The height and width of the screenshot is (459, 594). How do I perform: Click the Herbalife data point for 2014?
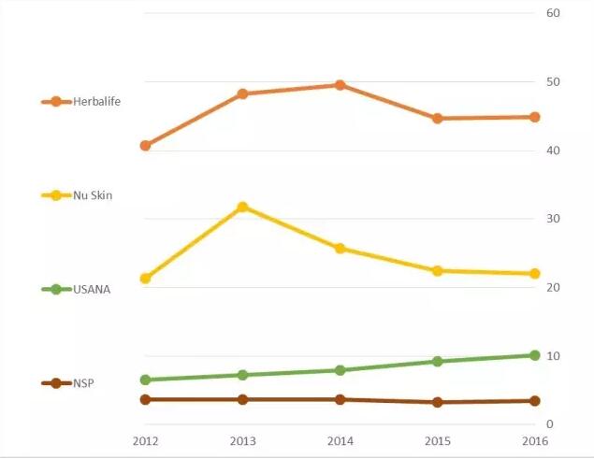(340, 85)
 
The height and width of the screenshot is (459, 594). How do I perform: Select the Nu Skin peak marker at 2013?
(242, 207)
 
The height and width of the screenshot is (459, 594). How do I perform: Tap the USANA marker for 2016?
(535, 355)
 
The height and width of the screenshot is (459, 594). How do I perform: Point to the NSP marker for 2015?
(438, 402)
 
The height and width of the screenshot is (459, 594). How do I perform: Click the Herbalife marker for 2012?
(145, 146)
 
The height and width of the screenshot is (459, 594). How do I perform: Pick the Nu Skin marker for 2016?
(535, 274)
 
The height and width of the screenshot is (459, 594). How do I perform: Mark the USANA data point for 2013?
(242, 375)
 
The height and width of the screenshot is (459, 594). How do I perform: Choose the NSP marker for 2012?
(145, 399)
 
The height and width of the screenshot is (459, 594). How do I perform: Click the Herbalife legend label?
(97, 101)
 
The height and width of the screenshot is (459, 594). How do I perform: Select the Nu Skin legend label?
(93, 195)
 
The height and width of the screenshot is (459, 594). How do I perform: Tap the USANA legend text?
(92, 290)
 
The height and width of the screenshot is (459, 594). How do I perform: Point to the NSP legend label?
(83, 383)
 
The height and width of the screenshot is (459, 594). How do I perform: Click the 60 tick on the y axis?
(553, 13)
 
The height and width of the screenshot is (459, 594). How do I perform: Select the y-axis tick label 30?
(553, 219)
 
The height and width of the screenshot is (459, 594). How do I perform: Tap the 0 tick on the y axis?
(550, 424)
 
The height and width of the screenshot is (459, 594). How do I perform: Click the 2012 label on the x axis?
(145, 440)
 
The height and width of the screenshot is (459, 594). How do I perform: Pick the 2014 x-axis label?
(340, 440)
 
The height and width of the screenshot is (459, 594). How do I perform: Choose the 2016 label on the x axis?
(535, 440)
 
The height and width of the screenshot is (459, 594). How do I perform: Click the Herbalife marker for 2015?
(438, 119)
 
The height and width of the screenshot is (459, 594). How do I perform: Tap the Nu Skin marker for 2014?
(340, 249)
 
